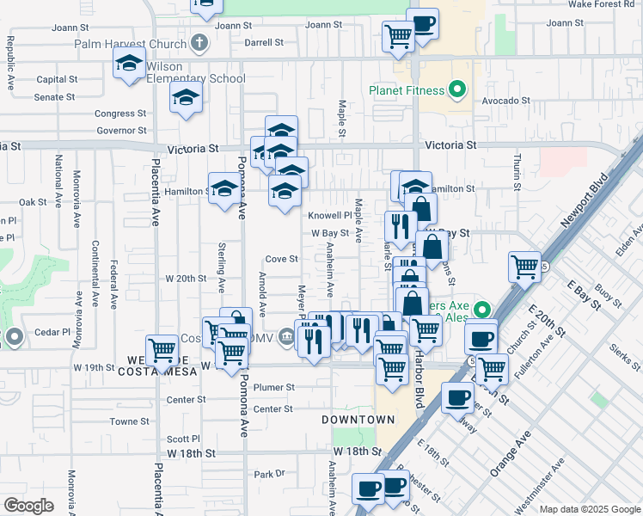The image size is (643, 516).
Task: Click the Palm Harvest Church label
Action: click(x=131, y=44)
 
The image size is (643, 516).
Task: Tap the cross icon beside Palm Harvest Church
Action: click(x=199, y=42)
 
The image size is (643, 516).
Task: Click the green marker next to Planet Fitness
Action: click(x=457, y=89)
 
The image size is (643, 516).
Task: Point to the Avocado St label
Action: click(x=505, y=101)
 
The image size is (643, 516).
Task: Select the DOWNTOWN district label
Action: click(x=358, y=420)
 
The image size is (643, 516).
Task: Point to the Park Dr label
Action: click(x=269, y=474)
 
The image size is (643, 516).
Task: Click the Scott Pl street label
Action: click(x=183, y=438)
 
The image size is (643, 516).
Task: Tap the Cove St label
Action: click(x=281, y=259)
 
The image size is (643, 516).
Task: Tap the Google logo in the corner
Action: click(x=28, y=505)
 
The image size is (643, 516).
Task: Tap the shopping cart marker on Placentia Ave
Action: click(x=162, y=349)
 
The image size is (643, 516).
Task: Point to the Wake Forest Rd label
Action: click(x=603, y=4)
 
